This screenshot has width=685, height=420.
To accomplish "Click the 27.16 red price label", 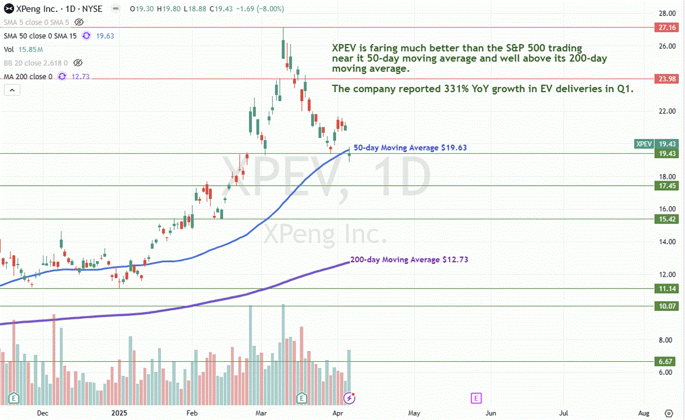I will pyautogui.click(x=667, y=27).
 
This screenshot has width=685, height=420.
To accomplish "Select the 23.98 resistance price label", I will pyautogui.click(x=667, y=79).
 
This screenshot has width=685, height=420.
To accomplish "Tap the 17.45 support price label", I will pyautogui.click(x=667, y=186).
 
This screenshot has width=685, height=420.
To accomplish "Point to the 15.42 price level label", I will pyautogui.click(x=667, y=219).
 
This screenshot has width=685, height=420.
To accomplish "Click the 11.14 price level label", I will pyautogui.click(x=667, y=289).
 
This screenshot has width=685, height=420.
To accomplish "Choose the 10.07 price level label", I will pyautogui.click(x=667, y=306).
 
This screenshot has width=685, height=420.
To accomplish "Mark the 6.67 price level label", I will pyautogui.click(x=667, y=362).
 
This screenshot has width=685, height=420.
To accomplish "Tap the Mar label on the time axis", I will pyautogui.click(x=261, y=413).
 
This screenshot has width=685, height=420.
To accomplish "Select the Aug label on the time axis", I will pyautogui.click(x=644, y=413).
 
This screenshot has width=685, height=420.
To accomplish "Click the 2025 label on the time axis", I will pyautogui.click(x=119, y=413).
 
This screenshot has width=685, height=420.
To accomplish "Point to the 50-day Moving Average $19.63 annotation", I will pyautogui.click(x=410, y=147).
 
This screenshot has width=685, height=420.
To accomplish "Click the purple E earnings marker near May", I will pyautogui.click(x=476, y=397).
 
